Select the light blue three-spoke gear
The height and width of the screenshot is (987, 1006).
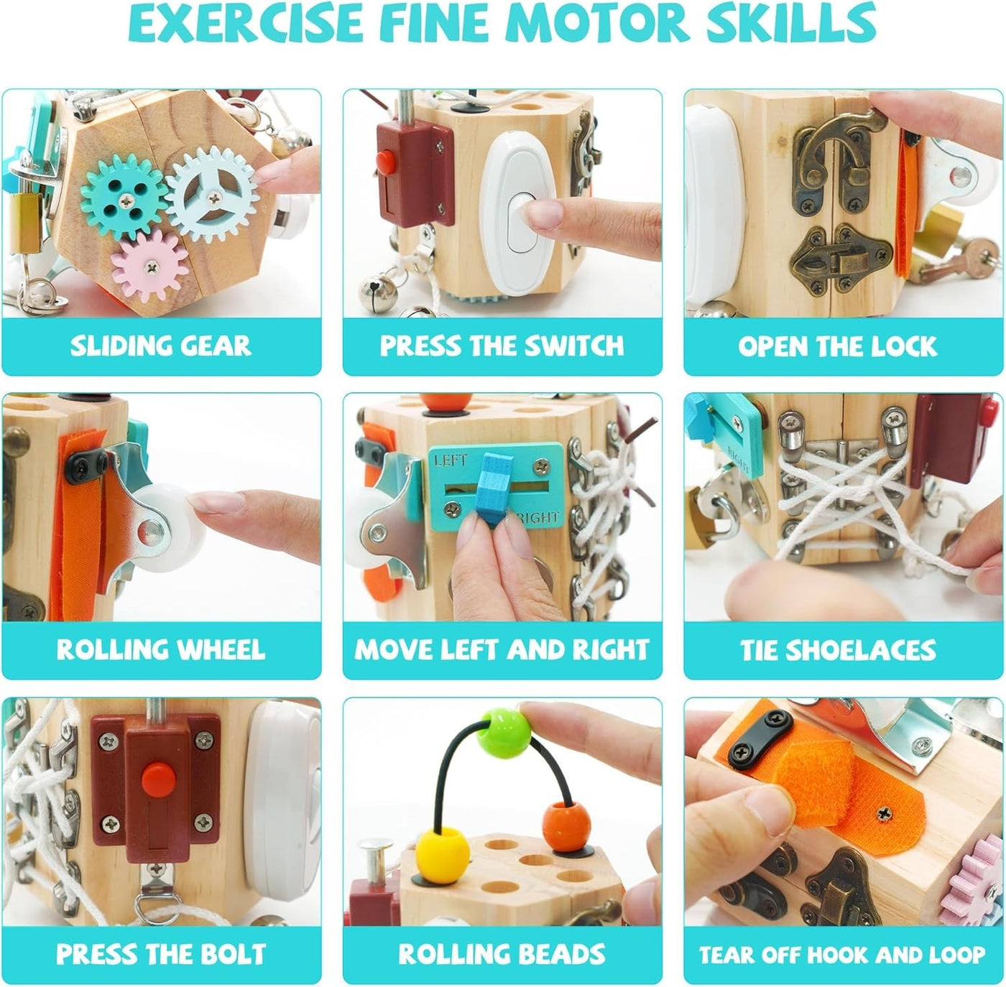(x=212, y=194)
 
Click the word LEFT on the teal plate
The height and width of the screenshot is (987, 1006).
(x=451, y=460)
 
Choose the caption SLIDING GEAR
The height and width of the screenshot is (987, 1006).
(x=161, y=346)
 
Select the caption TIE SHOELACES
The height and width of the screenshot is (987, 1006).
(x=838, y=650)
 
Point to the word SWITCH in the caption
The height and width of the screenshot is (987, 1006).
(x=574, y=346)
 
